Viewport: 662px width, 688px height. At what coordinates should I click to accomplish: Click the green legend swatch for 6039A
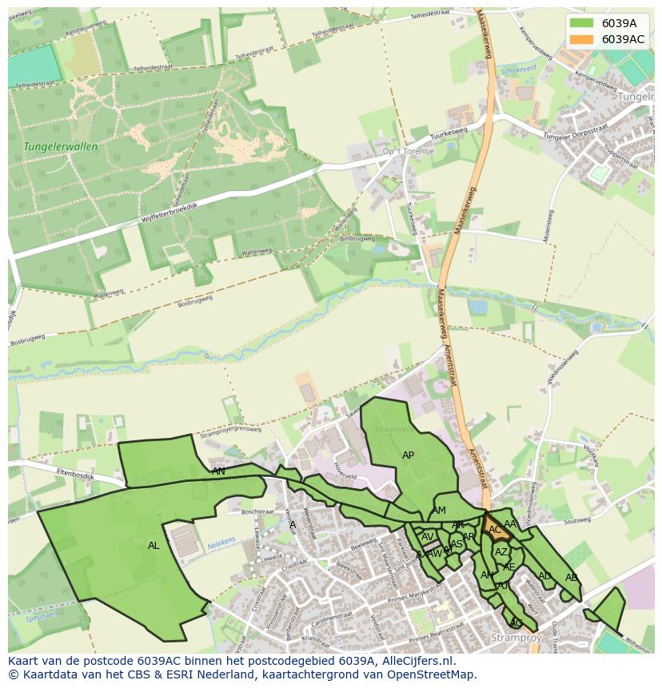[x=582, y=23]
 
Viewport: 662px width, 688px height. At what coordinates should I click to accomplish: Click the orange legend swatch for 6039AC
[x=582, y=39]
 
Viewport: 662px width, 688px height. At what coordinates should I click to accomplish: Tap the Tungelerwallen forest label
[x=61, y=147]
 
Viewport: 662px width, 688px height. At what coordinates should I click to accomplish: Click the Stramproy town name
[x=516, y=638]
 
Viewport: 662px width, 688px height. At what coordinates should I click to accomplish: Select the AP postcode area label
[x=408, y=455]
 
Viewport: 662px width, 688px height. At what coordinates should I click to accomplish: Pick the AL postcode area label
[x=154, y=546]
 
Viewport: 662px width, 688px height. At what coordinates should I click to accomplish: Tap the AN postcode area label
[x=218, y=471]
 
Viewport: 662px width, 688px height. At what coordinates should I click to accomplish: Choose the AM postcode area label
[x=439, y=511]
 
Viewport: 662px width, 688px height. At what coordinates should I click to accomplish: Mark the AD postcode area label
[x=544, y=576]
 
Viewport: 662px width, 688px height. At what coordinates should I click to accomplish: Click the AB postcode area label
[x=571, y=578]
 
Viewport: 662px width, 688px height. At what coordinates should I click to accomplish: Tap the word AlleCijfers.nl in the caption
[x=415, y=661]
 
